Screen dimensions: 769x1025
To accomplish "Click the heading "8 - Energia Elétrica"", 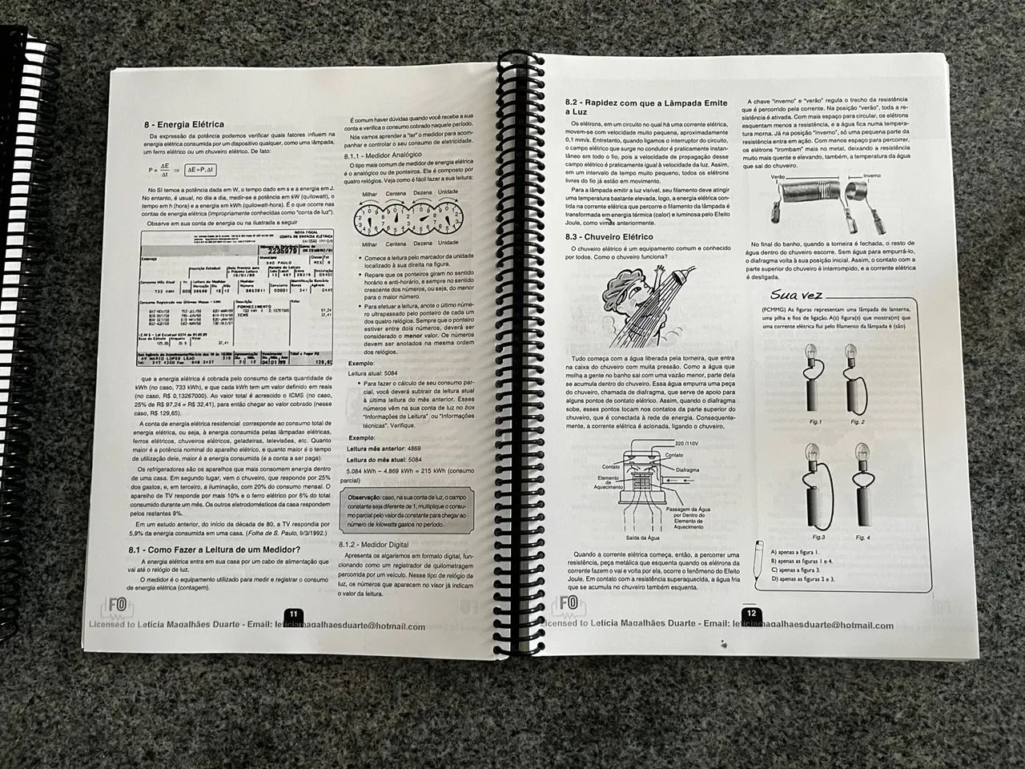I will (183, 124).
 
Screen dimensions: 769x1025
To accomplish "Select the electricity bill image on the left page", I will (227, 302).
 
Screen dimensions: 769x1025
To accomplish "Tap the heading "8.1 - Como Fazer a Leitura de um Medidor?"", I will (215, 550).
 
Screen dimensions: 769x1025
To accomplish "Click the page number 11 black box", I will (293, 614).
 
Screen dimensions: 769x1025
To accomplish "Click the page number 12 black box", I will (750, 613).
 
